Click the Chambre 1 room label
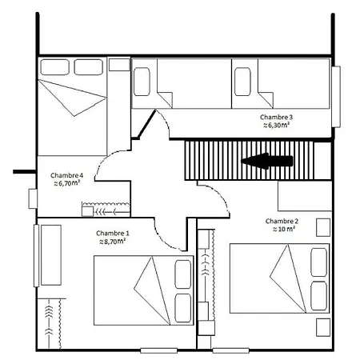[x=113, y=234]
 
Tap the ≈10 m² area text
[x=284, y=229]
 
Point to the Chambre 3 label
[x=276, y=117]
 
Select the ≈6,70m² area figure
[x=67, y=183]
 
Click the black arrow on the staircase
[x=267, y=161]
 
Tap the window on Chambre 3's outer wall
[x=336, y=97]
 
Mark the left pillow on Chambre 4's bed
[x=55, y=67]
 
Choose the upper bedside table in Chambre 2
[x=323, y=227]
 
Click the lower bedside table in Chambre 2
[x=323, y=327]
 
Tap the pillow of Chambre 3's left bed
[x=142, y=82]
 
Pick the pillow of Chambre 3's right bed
[x=242, y=82]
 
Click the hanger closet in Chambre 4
[x=106, y=210]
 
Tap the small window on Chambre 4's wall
[x=33, y=198]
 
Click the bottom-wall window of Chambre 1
[x=159, y=350]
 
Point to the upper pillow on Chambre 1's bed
[x=183, y=274]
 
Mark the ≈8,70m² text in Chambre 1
[x=112, y=242]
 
